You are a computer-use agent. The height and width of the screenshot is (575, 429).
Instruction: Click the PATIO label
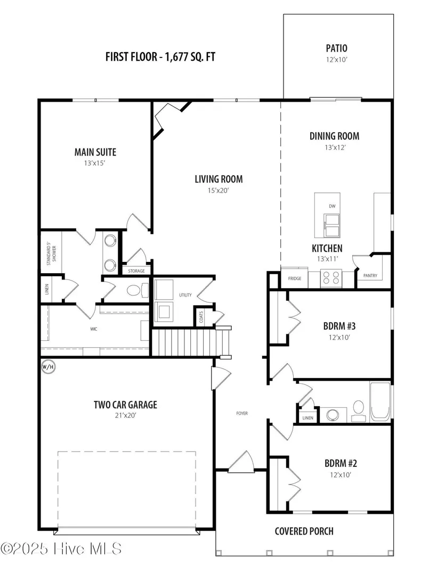pos(336,48)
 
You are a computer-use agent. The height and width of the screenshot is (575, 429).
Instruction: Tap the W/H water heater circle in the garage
pos(48,366)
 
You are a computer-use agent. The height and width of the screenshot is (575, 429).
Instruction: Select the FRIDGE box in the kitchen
pos(294,278)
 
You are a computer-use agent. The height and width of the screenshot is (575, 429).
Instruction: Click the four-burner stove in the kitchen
pos(331,278)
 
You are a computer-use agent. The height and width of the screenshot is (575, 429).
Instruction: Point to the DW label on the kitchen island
pos(332,206)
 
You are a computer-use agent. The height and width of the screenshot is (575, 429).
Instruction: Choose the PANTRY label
pos(370,275)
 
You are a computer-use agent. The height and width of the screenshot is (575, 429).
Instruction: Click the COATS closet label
pos(201,317)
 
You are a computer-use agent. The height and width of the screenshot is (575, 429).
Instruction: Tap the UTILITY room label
pos(185,295)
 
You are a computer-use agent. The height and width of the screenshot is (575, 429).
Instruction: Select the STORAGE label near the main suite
pos(136,271)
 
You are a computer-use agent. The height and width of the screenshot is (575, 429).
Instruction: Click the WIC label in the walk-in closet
pos(94,330)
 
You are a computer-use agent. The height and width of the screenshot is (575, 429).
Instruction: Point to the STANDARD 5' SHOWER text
pos(51,253)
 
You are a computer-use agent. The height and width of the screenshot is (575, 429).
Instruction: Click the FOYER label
pos(242,413)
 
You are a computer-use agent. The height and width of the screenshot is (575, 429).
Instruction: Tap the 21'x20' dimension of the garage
pos(126,415)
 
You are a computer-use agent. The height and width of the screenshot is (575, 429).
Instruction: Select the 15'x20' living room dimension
pos(218,190)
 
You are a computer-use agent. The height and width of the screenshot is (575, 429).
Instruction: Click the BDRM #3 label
pos(339,326)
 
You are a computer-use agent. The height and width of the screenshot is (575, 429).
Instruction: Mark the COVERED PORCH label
pos(304,531)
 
